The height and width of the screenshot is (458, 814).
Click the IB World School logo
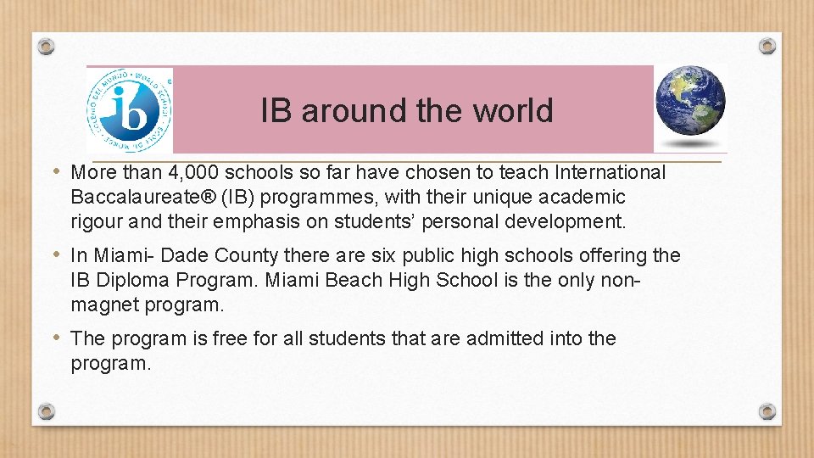tap(129, 110)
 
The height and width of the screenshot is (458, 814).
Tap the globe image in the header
tap(690, 102)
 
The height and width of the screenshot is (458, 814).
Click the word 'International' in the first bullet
tap(610, 173)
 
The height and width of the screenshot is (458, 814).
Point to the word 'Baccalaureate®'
tap(136, 198)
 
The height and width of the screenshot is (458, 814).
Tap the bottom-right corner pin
tap(767, 411)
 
